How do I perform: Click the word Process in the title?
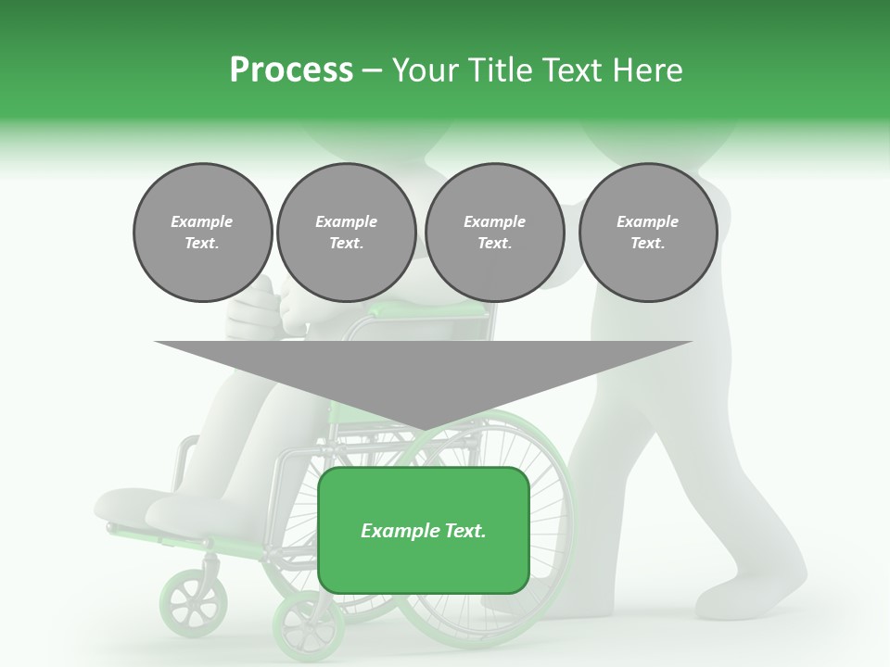tap(291, 69)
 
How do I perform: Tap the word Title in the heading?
tap(500, 69)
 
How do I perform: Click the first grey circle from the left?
tap(203, 233)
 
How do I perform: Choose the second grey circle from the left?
tap(347, 233)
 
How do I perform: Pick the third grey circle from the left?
tap(495, 233)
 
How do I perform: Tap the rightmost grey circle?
tap(648, 233)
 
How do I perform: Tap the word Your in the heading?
tap(426, 69)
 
